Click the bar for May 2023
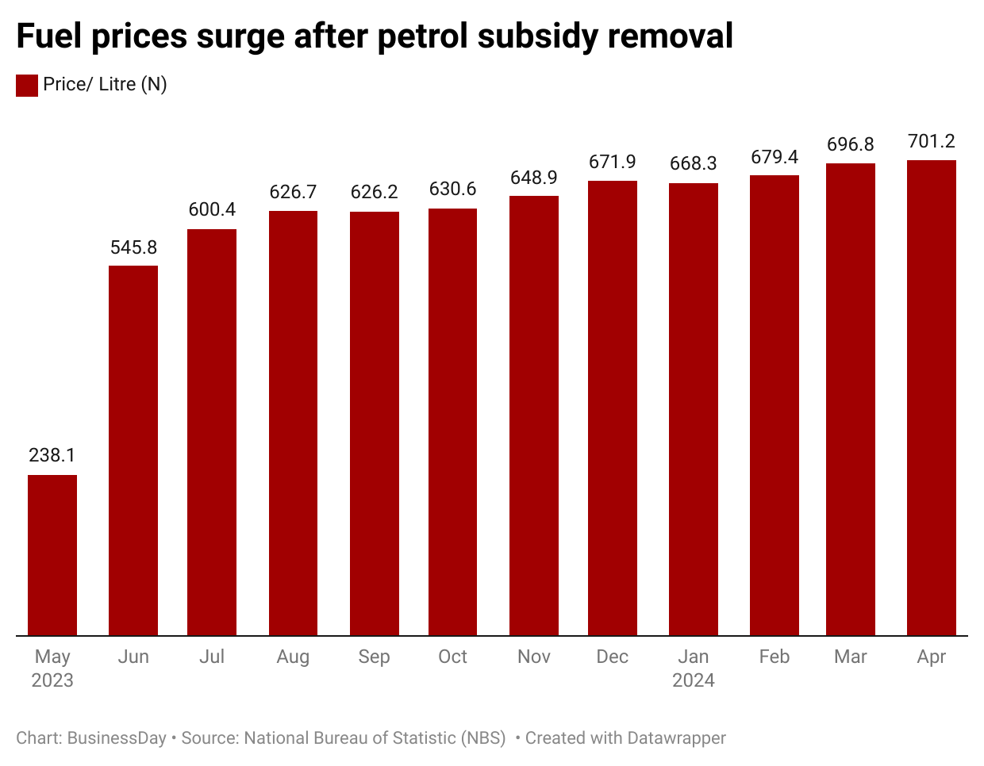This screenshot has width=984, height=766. coord(52,555)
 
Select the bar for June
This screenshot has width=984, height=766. coord(133,450)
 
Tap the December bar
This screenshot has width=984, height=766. coord(613,408)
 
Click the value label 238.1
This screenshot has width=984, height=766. coord(52,455)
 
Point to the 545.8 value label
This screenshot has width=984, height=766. coord(133,247)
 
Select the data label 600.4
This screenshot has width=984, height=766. coord(212,209)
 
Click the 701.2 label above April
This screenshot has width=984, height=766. coord(932,141)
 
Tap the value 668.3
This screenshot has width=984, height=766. coord(694,163)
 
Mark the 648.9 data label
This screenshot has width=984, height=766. coord(534,178)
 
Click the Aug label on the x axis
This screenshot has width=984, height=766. coord(293,657)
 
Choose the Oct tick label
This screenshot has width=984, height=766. coord(453,657)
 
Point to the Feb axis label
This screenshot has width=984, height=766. coord(775,657)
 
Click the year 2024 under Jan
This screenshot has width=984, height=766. coord(694,680)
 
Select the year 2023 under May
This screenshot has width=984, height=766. coord(52,680)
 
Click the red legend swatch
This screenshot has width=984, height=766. coord(27,85)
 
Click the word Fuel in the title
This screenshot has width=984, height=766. coord(49,36)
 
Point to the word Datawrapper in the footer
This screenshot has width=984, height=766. coord(676,738)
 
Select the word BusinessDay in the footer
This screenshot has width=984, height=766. coord(117,738)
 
